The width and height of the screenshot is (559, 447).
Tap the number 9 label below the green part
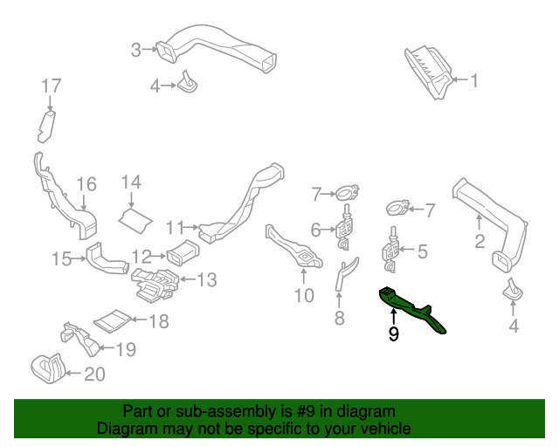click(393, 334)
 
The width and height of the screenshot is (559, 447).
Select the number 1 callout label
click(475, 81)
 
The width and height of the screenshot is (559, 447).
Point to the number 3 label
click(135, 50)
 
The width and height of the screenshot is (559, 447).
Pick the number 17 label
click(52, 86)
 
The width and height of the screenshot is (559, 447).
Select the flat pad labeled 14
click(133, 217)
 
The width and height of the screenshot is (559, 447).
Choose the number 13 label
click(206, 279)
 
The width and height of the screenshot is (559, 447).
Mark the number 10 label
click(303, 295)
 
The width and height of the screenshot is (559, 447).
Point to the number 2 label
click(479, 242)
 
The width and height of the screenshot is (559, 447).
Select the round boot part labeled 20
click(47, 370)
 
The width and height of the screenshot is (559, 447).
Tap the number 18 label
click(157, 321)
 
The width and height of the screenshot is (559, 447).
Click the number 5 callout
click(422, 252)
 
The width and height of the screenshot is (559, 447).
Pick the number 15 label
click(60, 258)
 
